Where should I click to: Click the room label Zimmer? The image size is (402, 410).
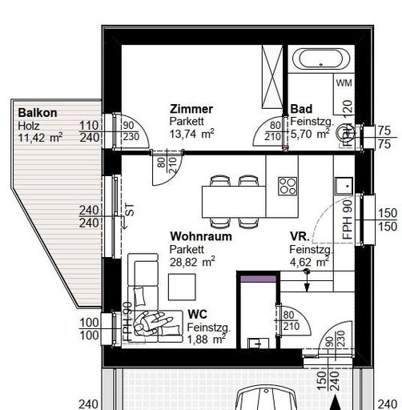coord(191,109)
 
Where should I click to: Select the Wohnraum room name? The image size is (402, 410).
coord(200,237)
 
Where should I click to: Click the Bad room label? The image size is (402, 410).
coord(301,109)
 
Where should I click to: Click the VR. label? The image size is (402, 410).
coord(299,237)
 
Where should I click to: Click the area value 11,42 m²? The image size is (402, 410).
coord(40,138)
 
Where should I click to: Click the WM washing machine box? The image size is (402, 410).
coord(344,83)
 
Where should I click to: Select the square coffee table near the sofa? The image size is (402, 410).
coord(182,286)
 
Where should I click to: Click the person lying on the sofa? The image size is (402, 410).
coord(154,322)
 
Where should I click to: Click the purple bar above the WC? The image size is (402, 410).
coord(256,277)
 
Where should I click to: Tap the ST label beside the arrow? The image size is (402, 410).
coord(129,210)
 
